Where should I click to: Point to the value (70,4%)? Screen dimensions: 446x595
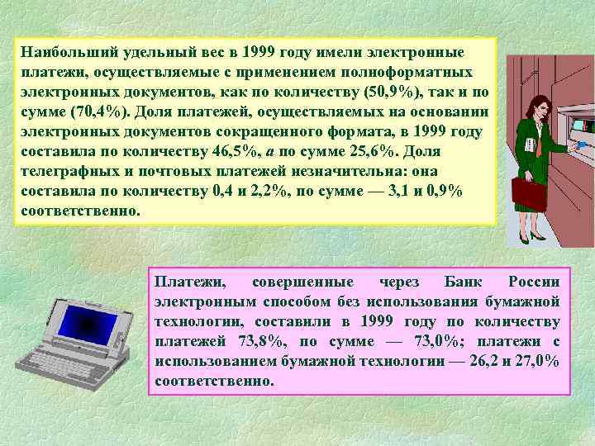point(99,112)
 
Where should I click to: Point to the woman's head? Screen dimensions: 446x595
point(527,108)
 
